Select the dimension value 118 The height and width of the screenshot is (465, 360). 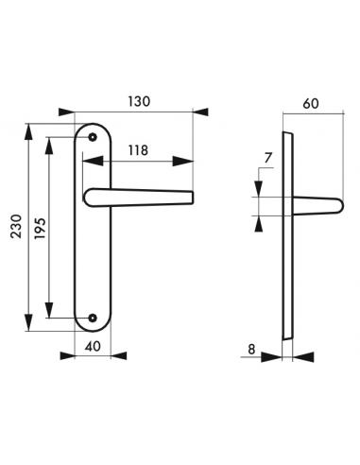138,149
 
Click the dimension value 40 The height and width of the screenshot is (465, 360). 93,347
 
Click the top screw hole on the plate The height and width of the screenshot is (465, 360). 94,138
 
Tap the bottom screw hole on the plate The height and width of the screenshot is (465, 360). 94,317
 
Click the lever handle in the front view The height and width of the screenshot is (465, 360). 142,197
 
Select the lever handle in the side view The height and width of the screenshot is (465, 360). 317,204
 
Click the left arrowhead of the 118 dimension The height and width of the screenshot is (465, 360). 87,160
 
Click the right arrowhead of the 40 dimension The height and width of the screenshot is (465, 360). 110,357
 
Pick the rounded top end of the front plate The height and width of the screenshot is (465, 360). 94,126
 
